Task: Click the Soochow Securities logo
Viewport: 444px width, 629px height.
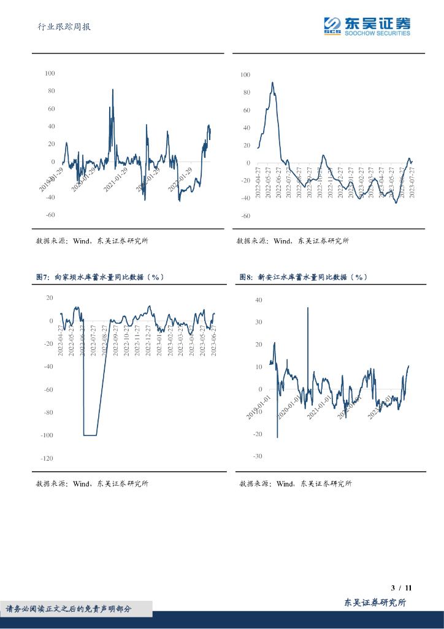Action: [367, 26]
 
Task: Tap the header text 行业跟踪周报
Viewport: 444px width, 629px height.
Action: [64, 27]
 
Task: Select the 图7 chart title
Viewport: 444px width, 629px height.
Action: [101, 277]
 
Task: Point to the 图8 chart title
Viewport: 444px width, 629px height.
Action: [304, 277]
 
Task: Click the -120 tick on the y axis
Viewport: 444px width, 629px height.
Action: [47, 458]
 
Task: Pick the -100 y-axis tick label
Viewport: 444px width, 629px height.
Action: [47, 436]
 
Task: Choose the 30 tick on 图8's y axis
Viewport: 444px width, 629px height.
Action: [258, 322]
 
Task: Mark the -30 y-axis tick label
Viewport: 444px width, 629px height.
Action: [257, 456]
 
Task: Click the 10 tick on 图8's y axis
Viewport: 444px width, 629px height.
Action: [258, 367]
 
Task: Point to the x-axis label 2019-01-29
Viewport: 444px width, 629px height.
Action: [52, 181]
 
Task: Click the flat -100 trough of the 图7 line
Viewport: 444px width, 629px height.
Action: [90, 435]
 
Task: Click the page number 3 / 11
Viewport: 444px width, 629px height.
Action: [400, 588]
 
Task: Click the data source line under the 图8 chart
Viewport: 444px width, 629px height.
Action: [296, 483]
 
